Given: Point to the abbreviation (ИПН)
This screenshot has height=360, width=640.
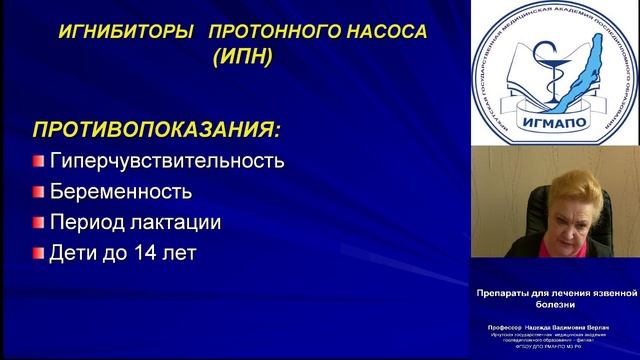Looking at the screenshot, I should click(x=241, y=58).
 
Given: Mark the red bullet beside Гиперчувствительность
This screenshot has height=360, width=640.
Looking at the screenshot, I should click(x=38, y=161).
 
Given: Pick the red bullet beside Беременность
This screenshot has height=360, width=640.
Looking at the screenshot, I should click(x=38, y=192).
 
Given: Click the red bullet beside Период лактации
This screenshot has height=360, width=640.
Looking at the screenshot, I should click(x=38, y=223).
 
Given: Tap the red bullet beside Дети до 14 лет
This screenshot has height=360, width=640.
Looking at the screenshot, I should click(x=38, y=254).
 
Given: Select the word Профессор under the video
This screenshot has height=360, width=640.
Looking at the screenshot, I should click(x=504, y=327).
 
